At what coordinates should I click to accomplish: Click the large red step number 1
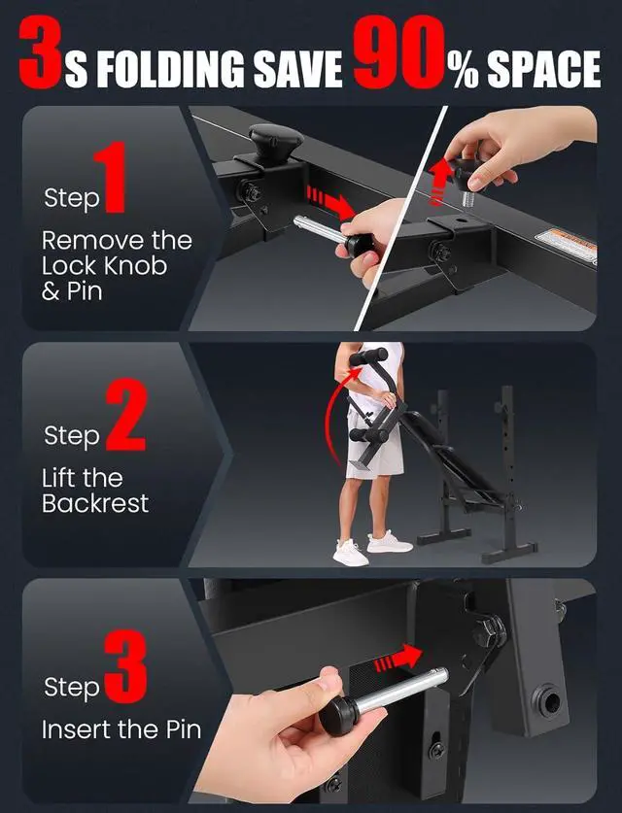112,177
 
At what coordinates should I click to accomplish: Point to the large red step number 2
126,415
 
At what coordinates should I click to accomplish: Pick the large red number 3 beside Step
125,666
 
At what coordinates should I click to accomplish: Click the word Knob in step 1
135,266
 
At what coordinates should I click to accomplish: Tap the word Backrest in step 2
95,503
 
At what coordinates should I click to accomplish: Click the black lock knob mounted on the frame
275,142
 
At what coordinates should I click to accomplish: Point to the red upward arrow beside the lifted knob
440,182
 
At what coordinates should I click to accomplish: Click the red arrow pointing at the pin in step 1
332,202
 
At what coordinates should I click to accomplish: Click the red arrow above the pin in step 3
398,659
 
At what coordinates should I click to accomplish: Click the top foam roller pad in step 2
367,356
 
